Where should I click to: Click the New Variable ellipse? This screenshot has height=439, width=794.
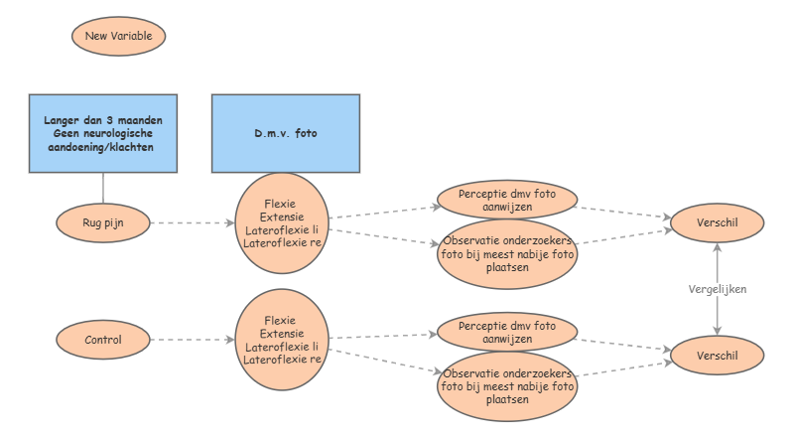(118, 36)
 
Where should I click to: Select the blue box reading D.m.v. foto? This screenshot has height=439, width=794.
(286, 133)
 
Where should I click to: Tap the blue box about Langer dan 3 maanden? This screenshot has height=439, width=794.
(103, 133)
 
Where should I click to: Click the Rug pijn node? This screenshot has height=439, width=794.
(103, 223)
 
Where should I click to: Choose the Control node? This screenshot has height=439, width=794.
(103, 340)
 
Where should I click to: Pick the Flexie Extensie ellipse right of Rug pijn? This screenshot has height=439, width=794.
(282, 223)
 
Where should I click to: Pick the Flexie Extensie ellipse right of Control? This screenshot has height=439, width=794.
(282, 340)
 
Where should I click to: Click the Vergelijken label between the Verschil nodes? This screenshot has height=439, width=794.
(717, 289)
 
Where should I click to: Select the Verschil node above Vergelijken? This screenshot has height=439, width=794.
(717, 222)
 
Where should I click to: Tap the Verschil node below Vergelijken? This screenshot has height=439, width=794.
(717, 356)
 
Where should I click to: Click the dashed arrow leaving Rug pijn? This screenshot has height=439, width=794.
(193, 223)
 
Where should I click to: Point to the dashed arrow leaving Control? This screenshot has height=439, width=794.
(193, 340)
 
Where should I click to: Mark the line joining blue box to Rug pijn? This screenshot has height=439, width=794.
(103, 189)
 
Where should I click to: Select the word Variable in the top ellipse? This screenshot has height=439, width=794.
(132, 36)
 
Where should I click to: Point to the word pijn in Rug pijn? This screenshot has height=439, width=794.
(113, 223)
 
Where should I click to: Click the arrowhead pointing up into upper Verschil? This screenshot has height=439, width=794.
(717, 247)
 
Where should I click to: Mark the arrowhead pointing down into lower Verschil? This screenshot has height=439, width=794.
(717, 331)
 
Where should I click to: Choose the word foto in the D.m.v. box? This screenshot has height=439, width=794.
(306, 133)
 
